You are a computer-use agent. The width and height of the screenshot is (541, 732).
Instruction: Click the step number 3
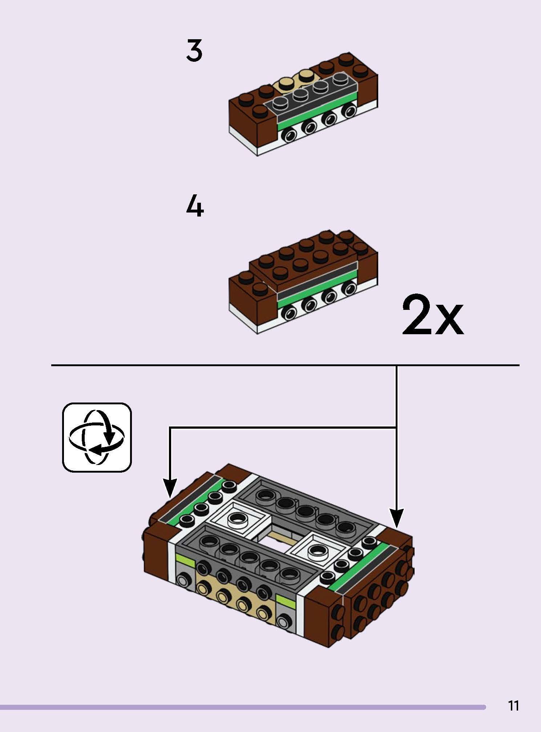[194, 50]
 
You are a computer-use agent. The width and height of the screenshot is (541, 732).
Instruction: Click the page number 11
[513, 705]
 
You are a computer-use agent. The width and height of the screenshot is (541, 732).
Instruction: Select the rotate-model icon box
[97, 437]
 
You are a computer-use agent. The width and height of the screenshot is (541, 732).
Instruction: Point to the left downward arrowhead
[170, 489]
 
